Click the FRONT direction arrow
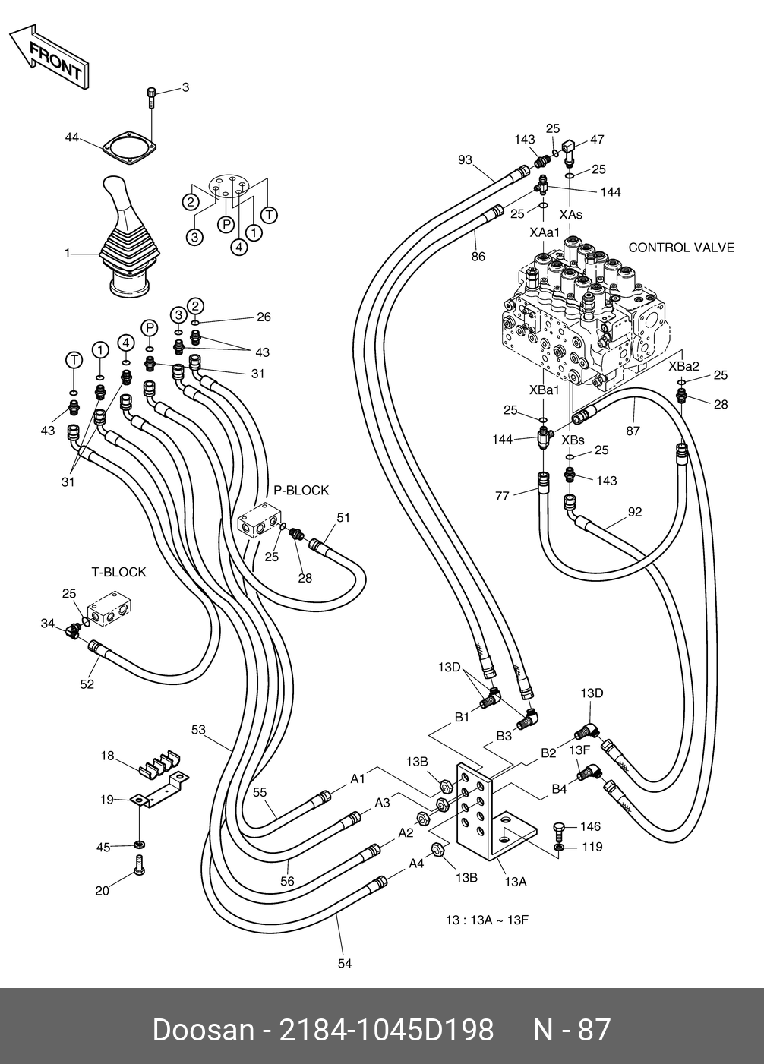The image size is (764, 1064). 48,55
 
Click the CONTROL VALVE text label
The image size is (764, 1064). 681,248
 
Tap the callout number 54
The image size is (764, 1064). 345,963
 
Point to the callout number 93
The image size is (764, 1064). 466,159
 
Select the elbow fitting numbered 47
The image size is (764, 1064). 570,147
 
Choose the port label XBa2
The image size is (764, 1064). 683,366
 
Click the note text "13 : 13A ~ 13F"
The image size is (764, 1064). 487,920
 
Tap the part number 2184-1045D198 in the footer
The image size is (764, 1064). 387,1030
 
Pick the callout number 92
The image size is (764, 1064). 634,512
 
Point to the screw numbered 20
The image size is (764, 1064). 139,865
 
